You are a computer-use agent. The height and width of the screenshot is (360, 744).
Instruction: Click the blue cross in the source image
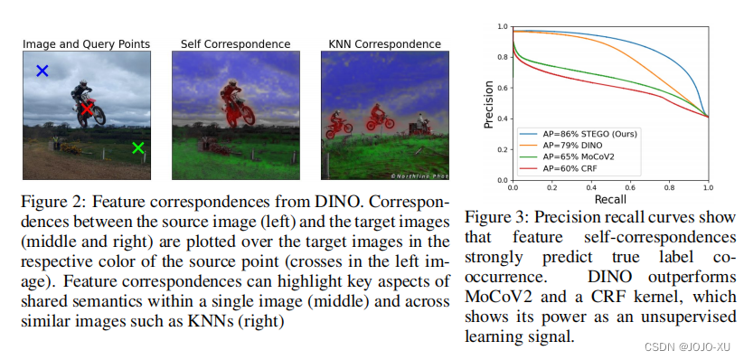click(42, 70)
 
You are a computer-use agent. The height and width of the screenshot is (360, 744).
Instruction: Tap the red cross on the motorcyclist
click(87, 109)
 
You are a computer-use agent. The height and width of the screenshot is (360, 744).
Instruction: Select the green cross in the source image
click(137, 147)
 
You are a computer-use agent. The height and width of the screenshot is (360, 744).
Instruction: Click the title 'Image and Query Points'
click(86, 43)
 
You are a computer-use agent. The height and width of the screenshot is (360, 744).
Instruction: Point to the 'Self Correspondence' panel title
click(235, 43)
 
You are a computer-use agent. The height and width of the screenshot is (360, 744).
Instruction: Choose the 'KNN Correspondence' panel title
click(384, 43)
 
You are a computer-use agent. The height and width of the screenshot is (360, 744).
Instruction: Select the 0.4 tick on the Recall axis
click(590, 188)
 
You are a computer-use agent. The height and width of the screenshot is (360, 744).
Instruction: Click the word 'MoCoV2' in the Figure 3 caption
click(496, 297)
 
